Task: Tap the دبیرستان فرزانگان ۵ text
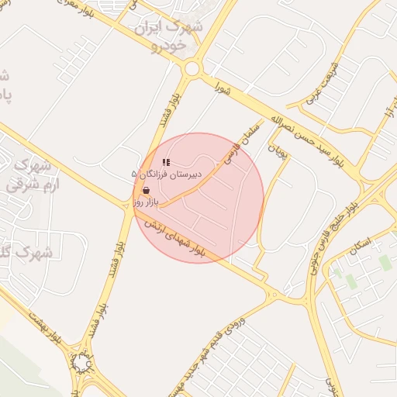pos(167,175)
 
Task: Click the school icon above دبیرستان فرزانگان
pos(166,163)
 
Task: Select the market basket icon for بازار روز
pos(147,190)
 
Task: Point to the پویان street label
pos(277,149)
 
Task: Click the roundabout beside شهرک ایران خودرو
pos(191,69)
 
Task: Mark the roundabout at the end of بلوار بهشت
pos(81,362)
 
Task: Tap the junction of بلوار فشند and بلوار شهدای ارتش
pos(129,205)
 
